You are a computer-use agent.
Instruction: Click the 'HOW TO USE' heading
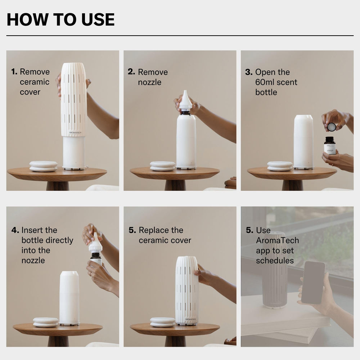(x=60, y=19)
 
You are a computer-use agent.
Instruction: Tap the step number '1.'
(x=14, y=72)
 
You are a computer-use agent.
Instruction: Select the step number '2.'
(x=131, y=72)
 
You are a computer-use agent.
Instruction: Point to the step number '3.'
(x=249, y=72)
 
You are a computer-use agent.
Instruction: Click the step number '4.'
(x=15, y=230)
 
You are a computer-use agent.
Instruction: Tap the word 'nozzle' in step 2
(x=149, y=82)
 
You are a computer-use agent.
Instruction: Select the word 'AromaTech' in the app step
(x=277, y=240)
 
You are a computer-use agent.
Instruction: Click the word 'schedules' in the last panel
(x=275, y=261)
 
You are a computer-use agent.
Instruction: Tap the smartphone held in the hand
(x=313, y=282)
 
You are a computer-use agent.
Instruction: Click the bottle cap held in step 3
(x=331, y=127)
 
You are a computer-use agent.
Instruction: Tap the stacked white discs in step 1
(x=43, y=166)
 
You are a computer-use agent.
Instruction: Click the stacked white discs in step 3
(x=280, y=166)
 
